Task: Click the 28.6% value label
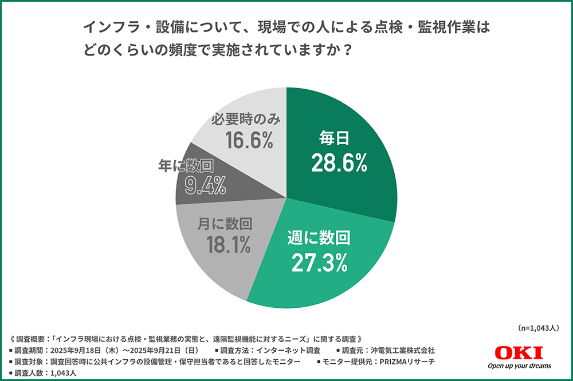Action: (x=339, y=164)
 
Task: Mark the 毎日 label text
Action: (x=333, y=139)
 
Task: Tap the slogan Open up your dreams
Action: (x=519, y=366)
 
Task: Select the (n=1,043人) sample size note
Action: (x=537, y=328)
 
